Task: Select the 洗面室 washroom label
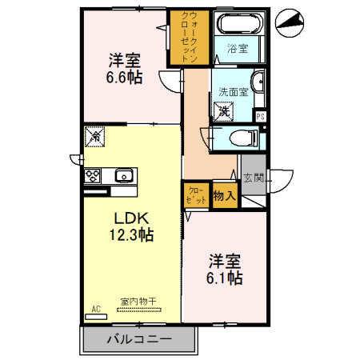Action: [232, 91]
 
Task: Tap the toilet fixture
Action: [242, 138]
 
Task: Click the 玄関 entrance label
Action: [254, 178]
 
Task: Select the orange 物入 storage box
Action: [224, 194]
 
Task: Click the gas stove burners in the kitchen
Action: [93, 176]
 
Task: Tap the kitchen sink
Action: [124, 176]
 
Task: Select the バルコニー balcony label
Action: [139, 339]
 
